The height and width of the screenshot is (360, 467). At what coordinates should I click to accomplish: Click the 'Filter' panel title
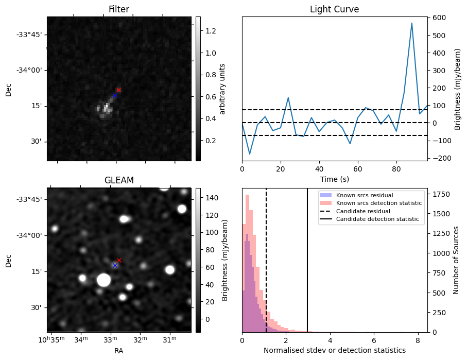(x=118, y=9)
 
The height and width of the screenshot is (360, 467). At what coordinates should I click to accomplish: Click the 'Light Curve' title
(x=334, y=9)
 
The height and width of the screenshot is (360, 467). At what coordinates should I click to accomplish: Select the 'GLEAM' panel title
(x=118, y=180)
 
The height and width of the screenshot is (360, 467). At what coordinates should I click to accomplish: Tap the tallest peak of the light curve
(x=412, y=23)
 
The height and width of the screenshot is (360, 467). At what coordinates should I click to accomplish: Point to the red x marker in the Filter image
(x=118, y=90)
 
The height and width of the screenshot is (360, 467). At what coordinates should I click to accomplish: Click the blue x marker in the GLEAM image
(x=115, y=265)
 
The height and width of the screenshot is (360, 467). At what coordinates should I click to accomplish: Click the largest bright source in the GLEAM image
(x=103, y=280)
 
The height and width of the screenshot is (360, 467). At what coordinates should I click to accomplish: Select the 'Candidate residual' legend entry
(x=361, y=212)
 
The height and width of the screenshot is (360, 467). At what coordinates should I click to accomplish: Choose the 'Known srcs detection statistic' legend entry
(x=378, y=203)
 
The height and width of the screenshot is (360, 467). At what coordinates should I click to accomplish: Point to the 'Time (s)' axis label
(x=334, y=179)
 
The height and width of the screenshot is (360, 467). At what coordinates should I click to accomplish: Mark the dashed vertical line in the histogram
(x=266, y=268)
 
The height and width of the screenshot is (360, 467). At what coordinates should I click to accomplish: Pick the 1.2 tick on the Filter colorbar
(x=211, y=31)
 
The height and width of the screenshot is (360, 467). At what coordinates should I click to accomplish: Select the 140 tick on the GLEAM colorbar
(x=212, y=198)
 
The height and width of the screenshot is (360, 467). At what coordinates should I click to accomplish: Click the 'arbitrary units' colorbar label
(x=222, y=89)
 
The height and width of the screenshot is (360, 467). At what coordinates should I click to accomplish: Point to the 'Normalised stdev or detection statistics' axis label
(x=334, y=350)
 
